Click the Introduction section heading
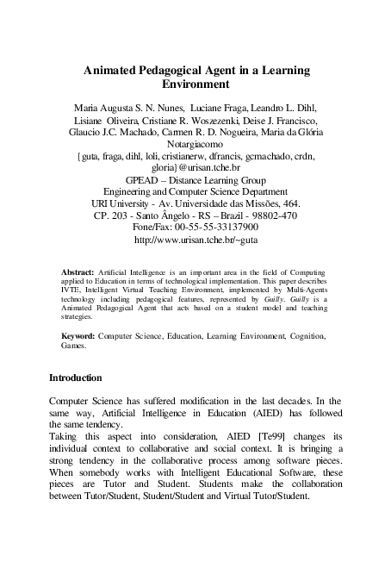pos(76,378)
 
